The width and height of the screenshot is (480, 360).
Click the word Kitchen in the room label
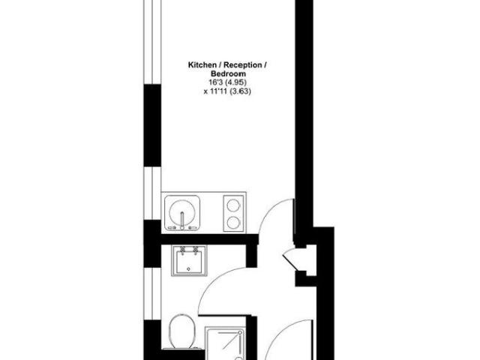point(202,66)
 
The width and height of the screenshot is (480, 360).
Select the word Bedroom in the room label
point(227,75)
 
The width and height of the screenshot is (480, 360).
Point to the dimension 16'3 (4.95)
point(227,83)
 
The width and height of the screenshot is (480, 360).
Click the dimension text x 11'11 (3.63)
point(227,92)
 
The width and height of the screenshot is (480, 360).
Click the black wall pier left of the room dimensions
point(153,124)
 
